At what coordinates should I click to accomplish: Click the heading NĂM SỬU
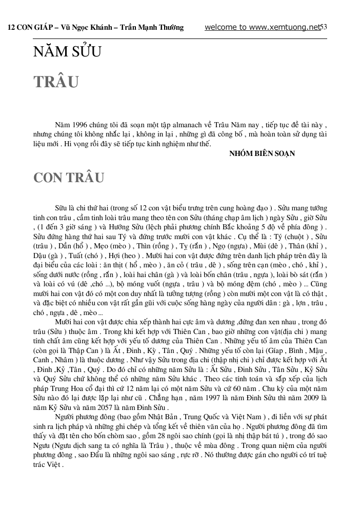point(67,52)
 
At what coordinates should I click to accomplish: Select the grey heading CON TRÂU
point(69,178)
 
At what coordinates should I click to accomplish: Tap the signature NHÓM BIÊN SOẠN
point(262,153)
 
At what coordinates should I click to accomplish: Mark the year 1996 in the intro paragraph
point(79,125)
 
